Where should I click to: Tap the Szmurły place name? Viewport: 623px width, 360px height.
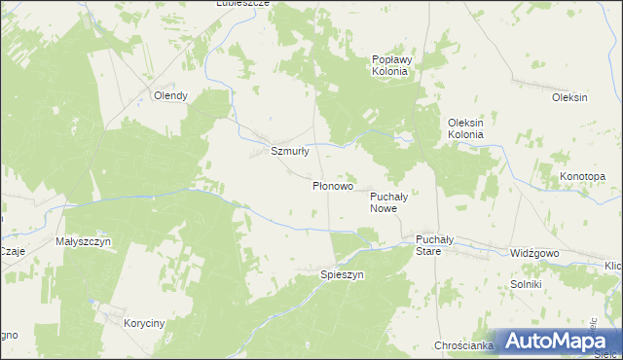tap(289, 151)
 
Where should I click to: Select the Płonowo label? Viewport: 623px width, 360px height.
tap(333, 185)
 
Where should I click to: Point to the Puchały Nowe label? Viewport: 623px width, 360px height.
tap(394, 202)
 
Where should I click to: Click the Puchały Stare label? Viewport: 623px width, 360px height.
tap(428, 244)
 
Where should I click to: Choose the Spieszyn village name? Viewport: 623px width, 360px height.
tap(342, 275)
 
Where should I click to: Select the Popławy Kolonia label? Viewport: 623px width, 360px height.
tap(393, 66)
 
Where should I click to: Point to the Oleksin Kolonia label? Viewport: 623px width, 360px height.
tap(465, 128)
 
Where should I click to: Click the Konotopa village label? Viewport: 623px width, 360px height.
tap(582, 176)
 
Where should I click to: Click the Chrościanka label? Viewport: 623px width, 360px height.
tap(460, 345)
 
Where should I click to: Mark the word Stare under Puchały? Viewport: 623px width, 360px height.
tap(428, 251)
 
